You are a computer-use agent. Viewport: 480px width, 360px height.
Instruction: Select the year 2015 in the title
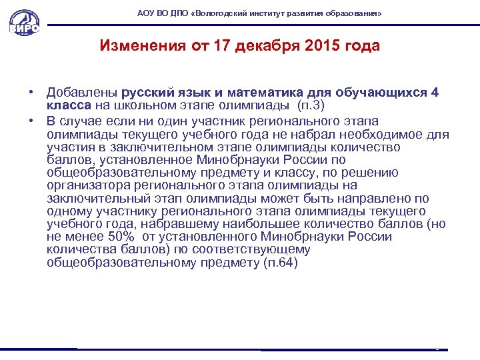point(321,46)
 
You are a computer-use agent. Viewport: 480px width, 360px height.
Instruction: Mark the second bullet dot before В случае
point(31,121)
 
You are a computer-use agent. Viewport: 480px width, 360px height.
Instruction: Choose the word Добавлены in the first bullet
point(81,93)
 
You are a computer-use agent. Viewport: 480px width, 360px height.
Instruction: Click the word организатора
point(88,185)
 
